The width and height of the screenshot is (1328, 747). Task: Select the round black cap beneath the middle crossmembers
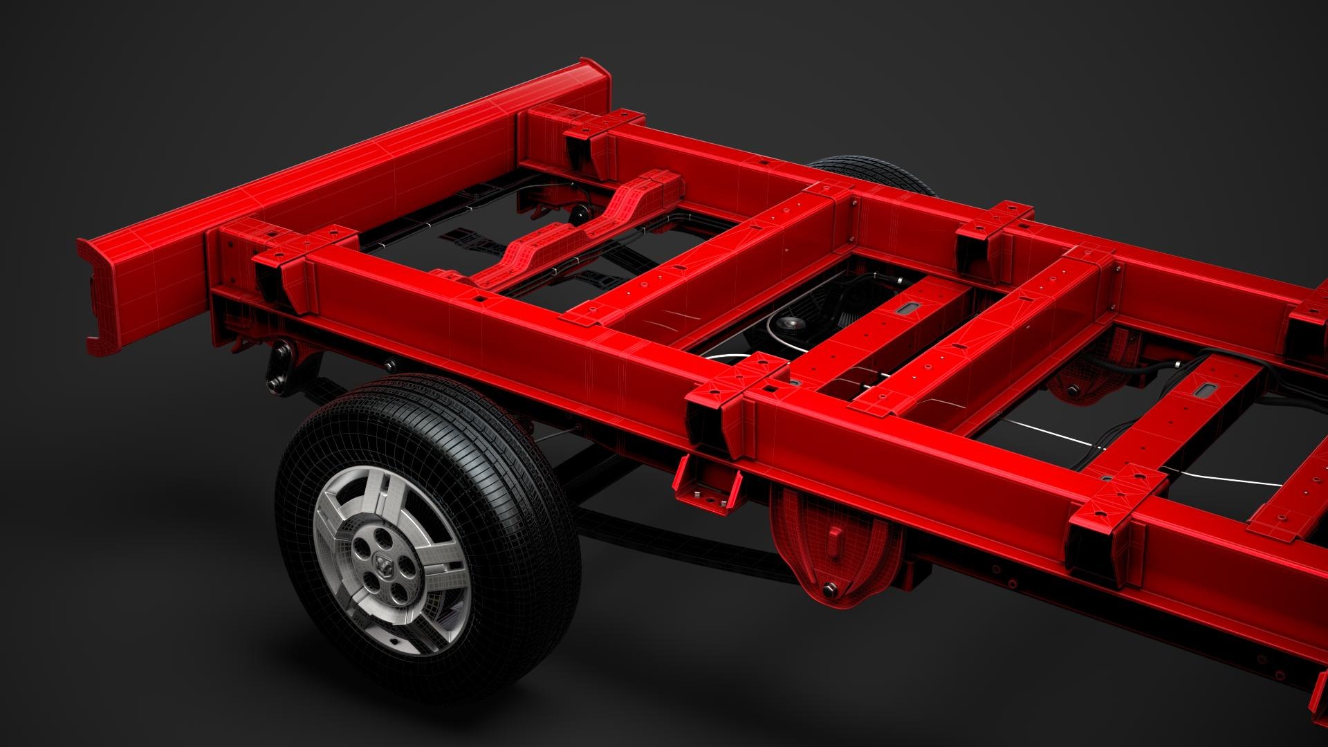(x=789, y=324)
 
